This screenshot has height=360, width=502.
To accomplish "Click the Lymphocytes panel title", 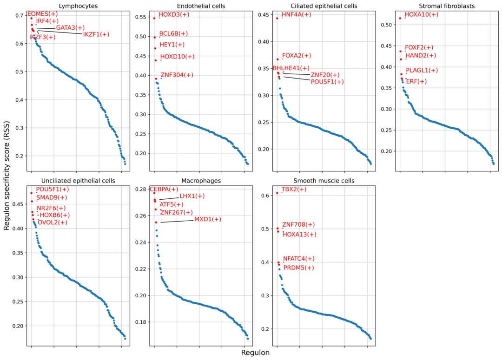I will point(78,6).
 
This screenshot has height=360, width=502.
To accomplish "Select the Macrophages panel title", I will point(201,180).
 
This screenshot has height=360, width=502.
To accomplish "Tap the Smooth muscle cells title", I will point(324,180).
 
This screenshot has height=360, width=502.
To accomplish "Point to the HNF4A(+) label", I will point(296,15).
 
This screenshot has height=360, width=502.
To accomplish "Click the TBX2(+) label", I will point(294,190).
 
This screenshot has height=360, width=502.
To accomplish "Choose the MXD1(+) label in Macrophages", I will point(208,219).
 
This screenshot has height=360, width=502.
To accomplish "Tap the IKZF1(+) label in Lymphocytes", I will point(96,34).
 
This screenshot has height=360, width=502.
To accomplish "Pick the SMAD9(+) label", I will point(52,197).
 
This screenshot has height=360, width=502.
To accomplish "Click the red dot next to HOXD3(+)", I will point(154,18).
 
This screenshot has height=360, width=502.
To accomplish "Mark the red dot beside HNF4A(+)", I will point(277,18).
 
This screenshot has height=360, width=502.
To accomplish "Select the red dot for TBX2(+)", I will point(277,193).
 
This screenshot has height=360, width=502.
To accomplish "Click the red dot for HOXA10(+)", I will point(400,18).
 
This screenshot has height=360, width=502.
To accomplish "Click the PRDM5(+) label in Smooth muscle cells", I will point(298,268).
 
